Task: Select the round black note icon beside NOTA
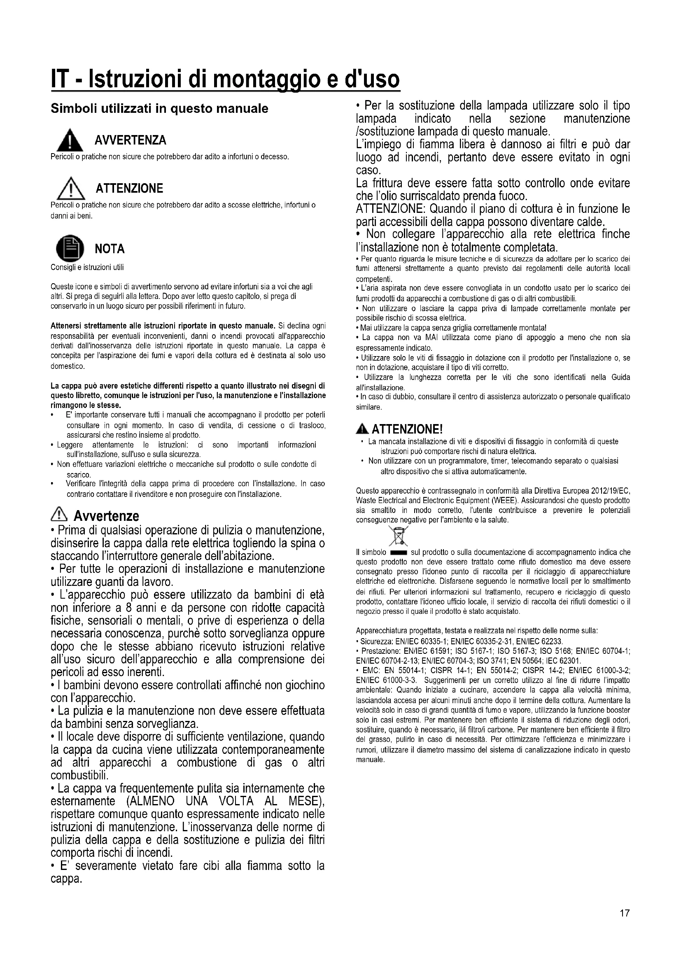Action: (70, 248)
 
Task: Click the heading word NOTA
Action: (110, 249)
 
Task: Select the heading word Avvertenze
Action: (106, 515)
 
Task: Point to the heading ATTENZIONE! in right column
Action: (407, 429)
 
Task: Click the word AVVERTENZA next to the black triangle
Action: (131, 140)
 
